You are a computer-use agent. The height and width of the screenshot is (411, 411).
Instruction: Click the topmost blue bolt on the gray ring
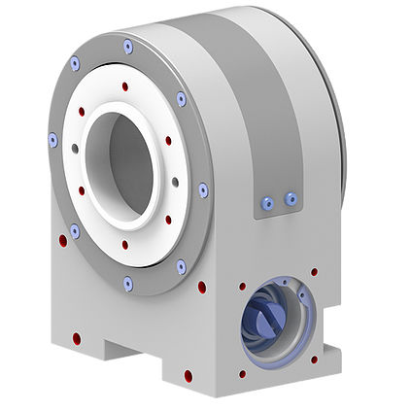click(127, 46)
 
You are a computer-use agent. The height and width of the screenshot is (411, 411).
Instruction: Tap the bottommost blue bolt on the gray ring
click(128, 283)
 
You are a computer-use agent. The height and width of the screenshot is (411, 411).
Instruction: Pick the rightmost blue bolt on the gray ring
click(203, 189)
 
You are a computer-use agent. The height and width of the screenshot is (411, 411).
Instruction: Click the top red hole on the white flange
click(124, 86)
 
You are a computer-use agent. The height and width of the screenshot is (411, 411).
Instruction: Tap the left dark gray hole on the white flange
click(75, 148)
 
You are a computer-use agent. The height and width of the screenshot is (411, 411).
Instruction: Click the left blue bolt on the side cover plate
click(267, 203)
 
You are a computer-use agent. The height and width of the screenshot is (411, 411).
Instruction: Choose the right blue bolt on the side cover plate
click(289, 198)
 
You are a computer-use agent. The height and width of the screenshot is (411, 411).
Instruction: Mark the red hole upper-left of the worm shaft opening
click(242, 287)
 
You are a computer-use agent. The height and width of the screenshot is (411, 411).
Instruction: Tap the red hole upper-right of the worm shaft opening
click(313, 272)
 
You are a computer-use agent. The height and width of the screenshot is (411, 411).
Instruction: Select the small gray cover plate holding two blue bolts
click(276, 193)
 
